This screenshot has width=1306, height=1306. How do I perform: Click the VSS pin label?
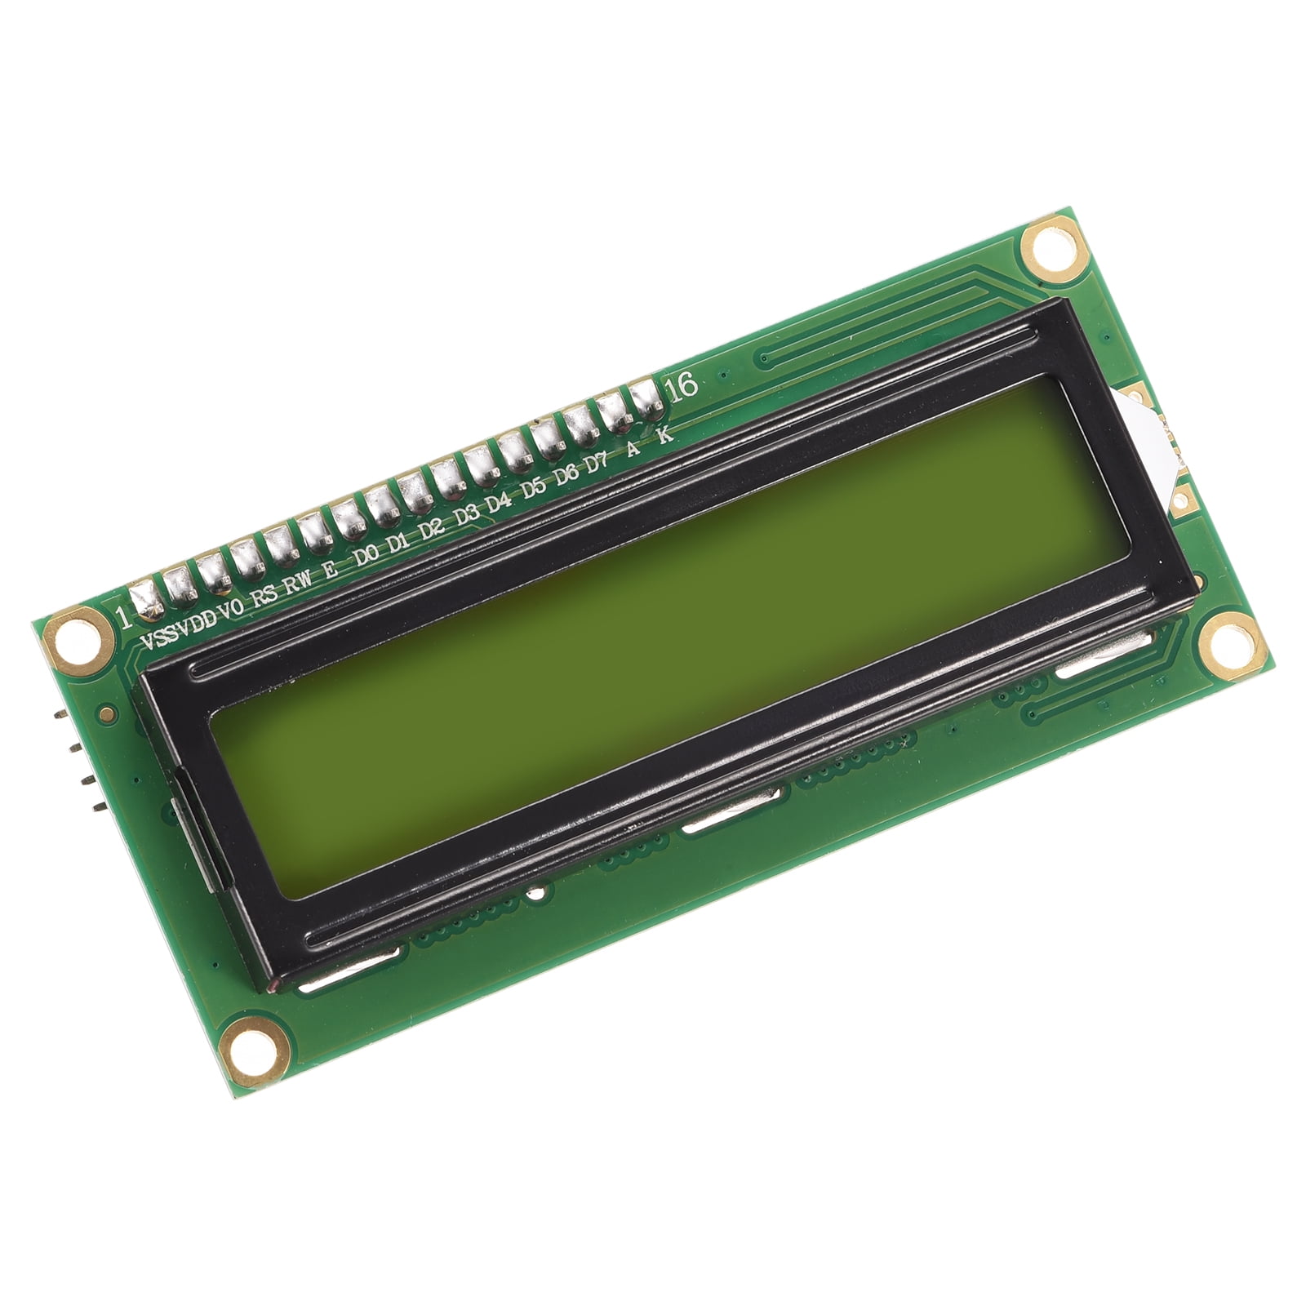(158, 637)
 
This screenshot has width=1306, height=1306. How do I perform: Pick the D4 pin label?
(499, 504)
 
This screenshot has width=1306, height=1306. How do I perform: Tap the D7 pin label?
(597, 464)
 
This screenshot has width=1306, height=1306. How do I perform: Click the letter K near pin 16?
(665, 434)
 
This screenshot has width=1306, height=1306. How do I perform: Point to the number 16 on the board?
(682, 384)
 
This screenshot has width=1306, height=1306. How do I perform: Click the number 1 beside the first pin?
(123, 617)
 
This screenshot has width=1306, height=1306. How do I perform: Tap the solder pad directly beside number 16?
(646, 395)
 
